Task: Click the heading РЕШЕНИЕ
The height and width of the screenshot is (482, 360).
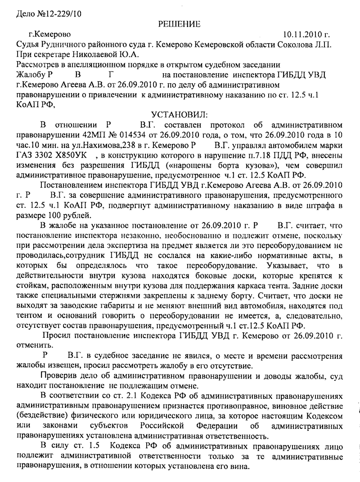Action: coord(180,23)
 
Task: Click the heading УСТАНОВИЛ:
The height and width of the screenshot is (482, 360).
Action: coord(180,114)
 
